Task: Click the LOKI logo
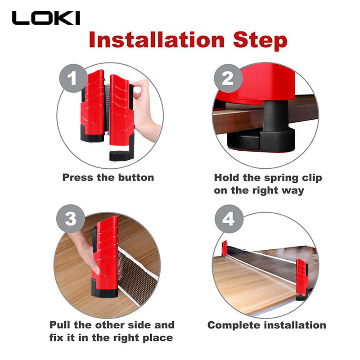point(46,18)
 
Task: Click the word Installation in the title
point(157,40)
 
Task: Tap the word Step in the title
point(260,41)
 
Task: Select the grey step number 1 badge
point(73,78)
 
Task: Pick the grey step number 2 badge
point(228,78)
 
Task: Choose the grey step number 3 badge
point(71,219)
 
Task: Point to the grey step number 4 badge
point(229,219)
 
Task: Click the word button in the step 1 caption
point(136,177)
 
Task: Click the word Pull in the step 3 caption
point(60,325)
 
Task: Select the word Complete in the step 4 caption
point(234,326)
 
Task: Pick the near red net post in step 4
point(302,279)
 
